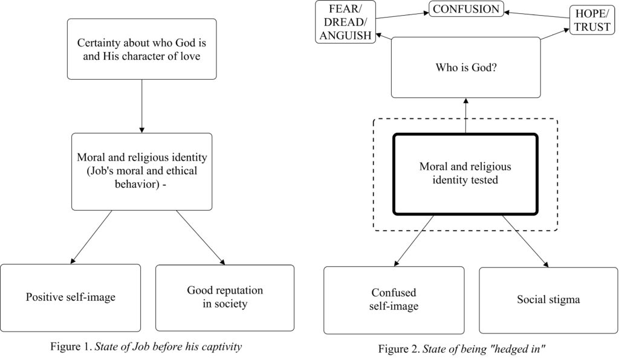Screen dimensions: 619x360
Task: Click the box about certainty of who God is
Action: coord(141,49)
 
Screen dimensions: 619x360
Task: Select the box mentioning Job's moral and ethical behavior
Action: coord(141,172)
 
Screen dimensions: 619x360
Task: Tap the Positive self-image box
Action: coord(70,298)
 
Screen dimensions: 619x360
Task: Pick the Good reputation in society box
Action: coord(225,298)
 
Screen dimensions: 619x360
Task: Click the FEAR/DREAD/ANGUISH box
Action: coord(345,22)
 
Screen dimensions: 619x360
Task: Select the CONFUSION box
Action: coord(466,8)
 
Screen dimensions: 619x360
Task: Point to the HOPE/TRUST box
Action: coord(592,20)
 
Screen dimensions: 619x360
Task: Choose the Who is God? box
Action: coord(466,68)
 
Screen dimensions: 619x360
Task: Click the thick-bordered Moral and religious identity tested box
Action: coord(465,175)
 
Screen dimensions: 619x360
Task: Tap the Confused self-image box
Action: coord(394,300)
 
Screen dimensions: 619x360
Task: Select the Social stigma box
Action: coord(548,300)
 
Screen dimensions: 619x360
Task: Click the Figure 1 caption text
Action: coord(146,347)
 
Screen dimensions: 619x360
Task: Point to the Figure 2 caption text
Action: coord(462,349)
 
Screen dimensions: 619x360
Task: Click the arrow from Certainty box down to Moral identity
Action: coord(141,106)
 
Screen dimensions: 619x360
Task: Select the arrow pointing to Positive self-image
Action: coord(91,237)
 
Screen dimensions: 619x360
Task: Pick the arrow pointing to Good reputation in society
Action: coord(201,237)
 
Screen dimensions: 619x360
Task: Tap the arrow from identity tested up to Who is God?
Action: coord(466,115)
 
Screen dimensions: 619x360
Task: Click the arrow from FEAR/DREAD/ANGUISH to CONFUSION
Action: coord(402,15)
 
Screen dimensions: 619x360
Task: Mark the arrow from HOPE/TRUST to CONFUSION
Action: coord(537,15)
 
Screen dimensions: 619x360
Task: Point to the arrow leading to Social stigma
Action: coord(525,242)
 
